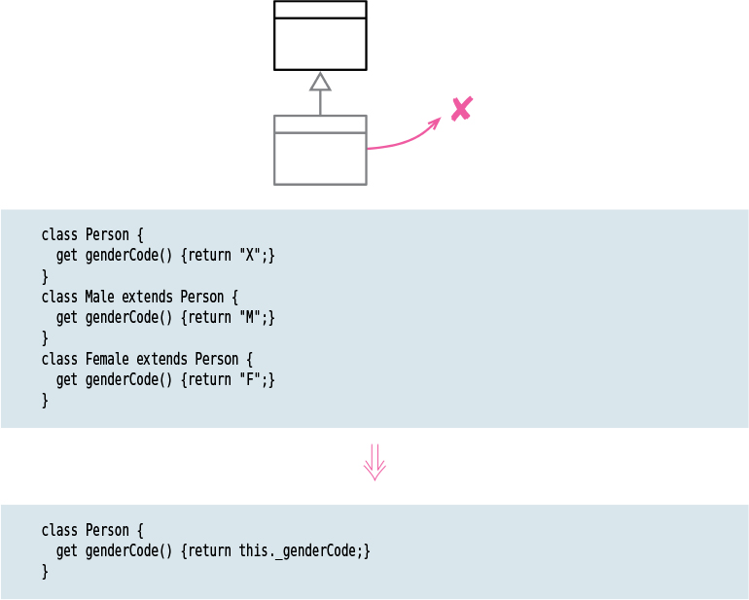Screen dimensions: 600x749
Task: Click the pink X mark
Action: pos(462,108)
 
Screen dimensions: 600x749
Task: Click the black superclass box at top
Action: pos(320,36)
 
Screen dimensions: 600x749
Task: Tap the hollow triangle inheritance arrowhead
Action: pos(320,82)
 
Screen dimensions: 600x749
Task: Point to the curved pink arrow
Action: pos(404,139)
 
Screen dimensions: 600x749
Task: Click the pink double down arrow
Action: pos(374,463)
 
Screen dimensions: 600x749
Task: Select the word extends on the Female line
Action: pos(161,359)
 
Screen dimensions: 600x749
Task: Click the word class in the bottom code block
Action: pos(59,530)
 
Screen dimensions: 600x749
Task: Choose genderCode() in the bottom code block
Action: pos(129,550)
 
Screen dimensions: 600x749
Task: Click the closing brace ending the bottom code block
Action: pos(45,571)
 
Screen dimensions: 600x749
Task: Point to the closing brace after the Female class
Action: pos(45,400)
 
